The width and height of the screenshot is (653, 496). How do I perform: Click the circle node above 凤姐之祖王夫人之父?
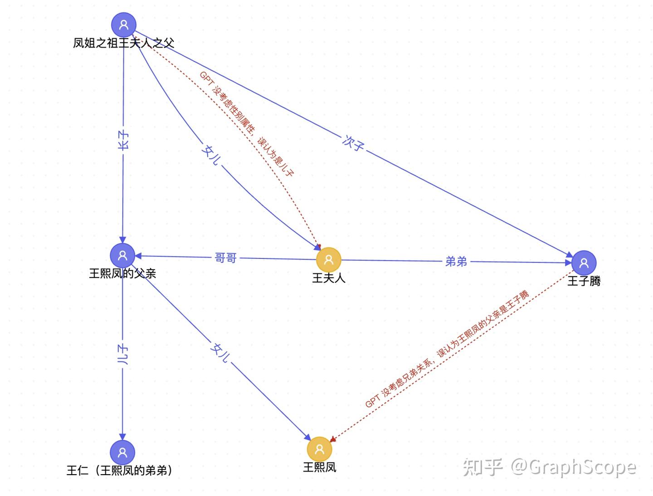click(x=123, y=24)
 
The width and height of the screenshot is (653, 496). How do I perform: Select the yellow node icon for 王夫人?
click(x=328, y=260)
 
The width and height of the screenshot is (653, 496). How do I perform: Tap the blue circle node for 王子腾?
click(x=584, y=263)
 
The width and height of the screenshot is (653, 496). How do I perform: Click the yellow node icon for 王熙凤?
click(x=319, y=449)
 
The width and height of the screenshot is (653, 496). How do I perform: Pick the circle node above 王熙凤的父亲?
click(x=122, y=255)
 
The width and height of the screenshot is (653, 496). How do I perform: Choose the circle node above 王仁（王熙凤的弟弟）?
click(x=122, y=452)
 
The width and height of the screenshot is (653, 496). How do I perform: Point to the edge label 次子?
click(x=353, y=143)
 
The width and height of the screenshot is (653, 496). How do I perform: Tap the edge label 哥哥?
click(x=225, y=258)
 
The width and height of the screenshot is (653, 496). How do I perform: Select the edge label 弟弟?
click(x=456, y=261)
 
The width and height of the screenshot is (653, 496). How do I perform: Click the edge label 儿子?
click(x=122, y=355)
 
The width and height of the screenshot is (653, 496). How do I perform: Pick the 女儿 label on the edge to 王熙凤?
click(x=220, y=352)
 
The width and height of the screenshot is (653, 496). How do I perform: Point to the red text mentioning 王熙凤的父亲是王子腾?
click(x=447, y=350)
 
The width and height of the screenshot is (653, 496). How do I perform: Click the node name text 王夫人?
click(x=328, y=278)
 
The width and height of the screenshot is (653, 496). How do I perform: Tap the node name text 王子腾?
click(x=584, y=281)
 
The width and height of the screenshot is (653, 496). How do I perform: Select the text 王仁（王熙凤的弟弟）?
click(x=120, y=471)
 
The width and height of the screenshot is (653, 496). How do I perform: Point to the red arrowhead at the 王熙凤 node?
click(x=332, y=439)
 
